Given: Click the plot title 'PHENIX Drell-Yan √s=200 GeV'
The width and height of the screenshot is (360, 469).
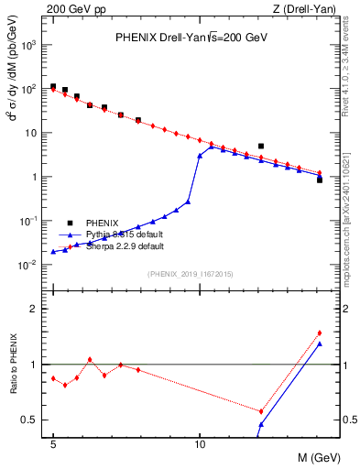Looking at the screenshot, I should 191,38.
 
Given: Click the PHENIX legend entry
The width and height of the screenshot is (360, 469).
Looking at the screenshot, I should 100,223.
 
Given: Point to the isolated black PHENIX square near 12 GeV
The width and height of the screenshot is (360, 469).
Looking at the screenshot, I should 261,146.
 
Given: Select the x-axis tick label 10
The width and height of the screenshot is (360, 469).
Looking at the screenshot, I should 200,442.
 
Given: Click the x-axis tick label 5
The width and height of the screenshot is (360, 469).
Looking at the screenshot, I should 53,442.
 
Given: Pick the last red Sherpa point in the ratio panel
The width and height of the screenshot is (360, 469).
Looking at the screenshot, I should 319,333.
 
